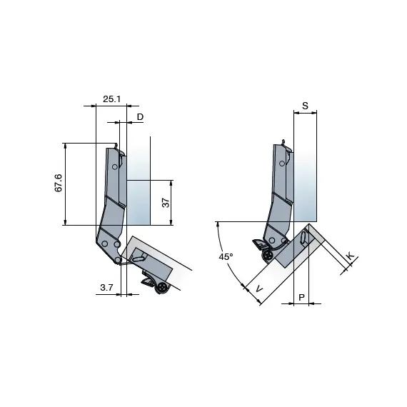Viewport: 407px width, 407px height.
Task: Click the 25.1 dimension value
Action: [x=111, y=99]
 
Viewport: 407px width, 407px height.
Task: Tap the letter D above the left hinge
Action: [x=140, y=116]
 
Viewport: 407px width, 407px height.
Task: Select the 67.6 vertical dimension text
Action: [x=59, y=183]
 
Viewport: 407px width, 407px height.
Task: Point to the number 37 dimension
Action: [x=166, y=203]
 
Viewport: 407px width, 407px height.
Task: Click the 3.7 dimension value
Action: [x=107, y=287]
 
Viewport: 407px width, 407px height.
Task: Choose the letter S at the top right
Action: [x=305, y=106]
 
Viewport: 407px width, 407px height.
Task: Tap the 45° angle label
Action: [x=225, y=256]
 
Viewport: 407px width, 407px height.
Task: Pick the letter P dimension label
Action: [x=301, y=296]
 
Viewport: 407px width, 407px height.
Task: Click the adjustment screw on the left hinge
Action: [x=163, y=288]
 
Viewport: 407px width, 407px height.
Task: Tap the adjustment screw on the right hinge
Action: [x=267, y=255]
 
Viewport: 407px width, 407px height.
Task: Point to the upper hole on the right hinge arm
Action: [x=283, y=165]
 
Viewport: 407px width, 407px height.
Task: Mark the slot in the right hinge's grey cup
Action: [x=305, y=238]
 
